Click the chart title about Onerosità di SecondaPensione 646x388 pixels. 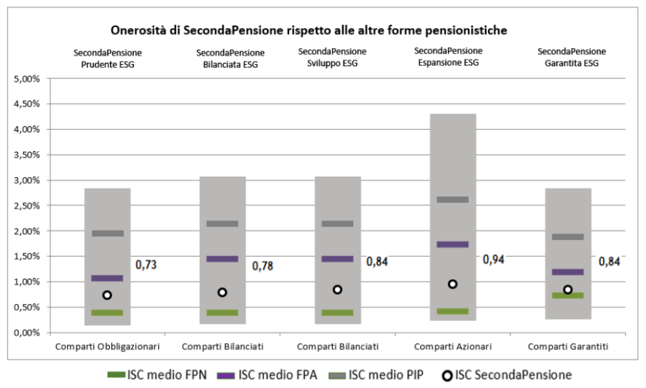309,30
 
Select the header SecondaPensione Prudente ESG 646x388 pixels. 107,58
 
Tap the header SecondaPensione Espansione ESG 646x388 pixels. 448,56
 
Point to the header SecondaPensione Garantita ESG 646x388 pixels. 571,58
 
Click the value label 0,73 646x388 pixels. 146,265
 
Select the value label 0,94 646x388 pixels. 493,260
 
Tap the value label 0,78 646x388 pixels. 263,266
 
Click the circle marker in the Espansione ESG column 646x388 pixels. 452,284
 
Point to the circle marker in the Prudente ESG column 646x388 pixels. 107,295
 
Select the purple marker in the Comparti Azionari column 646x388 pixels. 452,245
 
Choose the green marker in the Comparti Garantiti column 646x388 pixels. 568,296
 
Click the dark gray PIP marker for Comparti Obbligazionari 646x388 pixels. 107,234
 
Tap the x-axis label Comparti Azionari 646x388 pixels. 452,347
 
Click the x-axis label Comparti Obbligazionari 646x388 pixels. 107,347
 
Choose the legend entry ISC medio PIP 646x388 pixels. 385,375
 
